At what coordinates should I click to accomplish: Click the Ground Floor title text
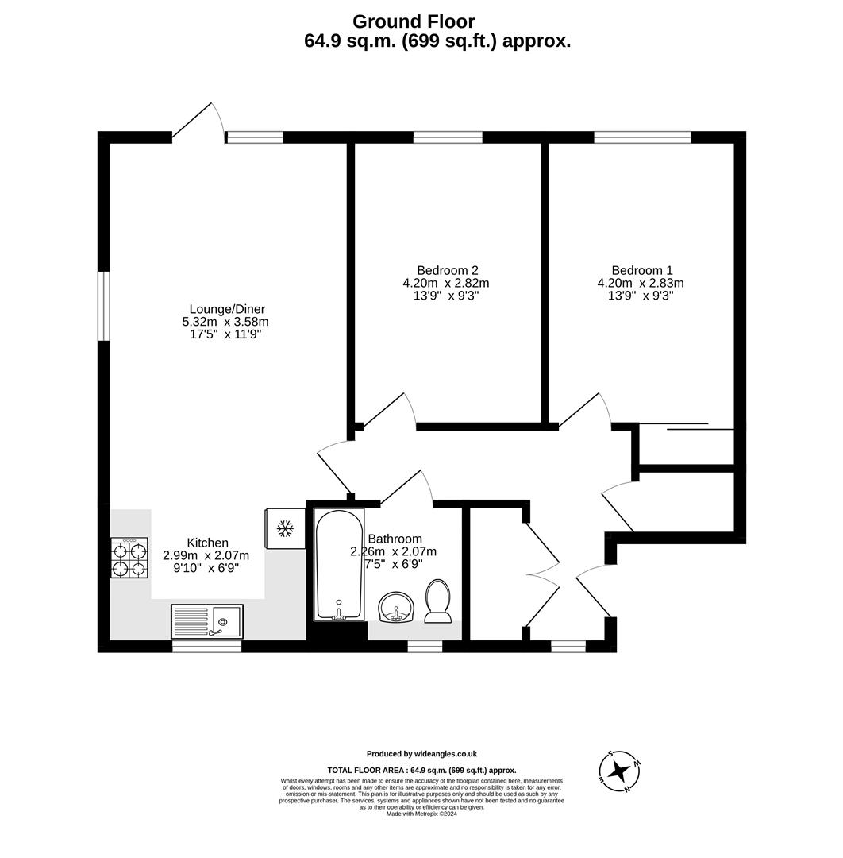(414, 21)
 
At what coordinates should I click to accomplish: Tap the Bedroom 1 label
(641, 270)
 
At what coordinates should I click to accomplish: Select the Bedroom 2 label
(447, 270)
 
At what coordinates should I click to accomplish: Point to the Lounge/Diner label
(227, 309)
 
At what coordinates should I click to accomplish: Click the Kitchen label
(207, 543)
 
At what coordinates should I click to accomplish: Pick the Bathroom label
(395, 539)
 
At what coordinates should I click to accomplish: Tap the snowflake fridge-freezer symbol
(284, 528)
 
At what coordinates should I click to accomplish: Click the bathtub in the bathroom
(339, 565)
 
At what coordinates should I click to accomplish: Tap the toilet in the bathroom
(438, 601)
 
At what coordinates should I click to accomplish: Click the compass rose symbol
(619, 771)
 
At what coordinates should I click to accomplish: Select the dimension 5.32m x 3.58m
(225, 322)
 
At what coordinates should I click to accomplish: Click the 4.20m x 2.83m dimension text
(641, 283)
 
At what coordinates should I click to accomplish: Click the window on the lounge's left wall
(103, 307)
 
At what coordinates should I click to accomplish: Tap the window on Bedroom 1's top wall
(641, 137)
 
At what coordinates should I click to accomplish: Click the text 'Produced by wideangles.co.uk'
(421, 754)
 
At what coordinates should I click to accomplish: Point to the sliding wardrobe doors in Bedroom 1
(686, 427)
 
